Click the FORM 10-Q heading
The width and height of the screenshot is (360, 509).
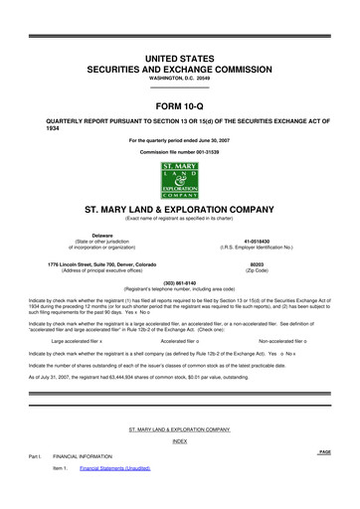179,104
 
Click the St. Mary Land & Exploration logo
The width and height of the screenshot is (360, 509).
179,180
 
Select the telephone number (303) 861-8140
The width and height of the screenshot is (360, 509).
179,280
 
